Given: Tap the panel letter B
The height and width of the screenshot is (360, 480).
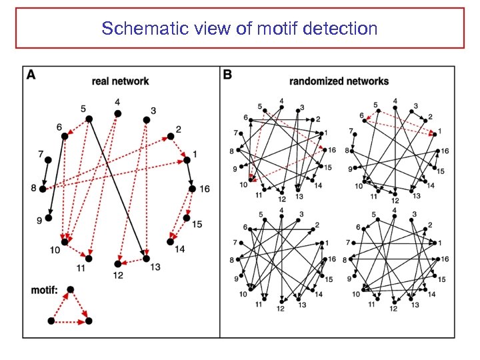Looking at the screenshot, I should tap(228, 75).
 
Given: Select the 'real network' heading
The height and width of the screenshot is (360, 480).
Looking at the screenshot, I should tap(120, 81).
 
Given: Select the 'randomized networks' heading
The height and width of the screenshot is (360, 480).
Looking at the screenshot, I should tap(339, 81).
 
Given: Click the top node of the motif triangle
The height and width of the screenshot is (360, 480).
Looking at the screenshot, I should tap(71, 289).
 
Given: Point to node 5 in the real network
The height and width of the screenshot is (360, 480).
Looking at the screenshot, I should tap(89, 119).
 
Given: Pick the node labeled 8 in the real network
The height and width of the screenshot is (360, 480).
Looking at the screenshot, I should tap(43, 189).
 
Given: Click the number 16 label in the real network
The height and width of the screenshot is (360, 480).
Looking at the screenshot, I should tap(204, 189).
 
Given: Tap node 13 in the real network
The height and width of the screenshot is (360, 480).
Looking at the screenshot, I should tap(146, 258).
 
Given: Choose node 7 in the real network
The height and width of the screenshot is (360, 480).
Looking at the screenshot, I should tap(47, 159).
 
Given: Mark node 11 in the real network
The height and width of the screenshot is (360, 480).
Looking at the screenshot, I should tap(89, 258).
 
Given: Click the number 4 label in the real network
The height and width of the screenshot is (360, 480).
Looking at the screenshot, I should tap(117, 103).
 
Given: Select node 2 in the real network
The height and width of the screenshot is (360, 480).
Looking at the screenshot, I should tap(169, 137).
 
